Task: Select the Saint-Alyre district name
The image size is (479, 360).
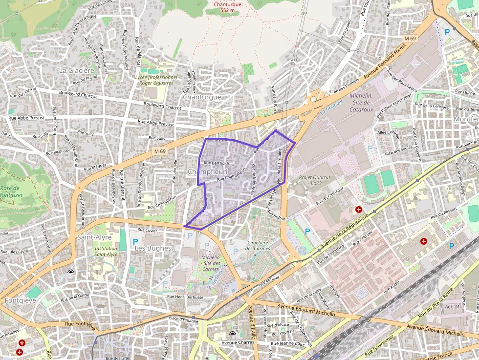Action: coord(94,237)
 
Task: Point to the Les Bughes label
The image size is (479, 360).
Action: coord(153,248)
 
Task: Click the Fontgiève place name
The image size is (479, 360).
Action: coord(21,300)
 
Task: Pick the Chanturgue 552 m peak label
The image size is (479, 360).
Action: coord(227,7)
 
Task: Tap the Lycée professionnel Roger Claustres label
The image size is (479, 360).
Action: coord(156,80)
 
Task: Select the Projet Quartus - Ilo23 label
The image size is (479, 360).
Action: coord(315,180)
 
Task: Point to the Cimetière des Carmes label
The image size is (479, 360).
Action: coord(258,245)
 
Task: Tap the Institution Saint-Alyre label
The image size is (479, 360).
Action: coord(106,251)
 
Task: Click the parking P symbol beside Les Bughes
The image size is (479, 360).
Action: coord(135,241)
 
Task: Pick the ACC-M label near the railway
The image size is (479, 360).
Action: coord(453,306)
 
